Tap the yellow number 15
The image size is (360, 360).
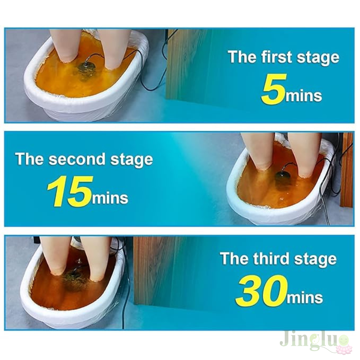click(70, 191)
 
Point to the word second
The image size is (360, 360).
click(77, 159)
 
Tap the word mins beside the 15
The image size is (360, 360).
click(110, 198)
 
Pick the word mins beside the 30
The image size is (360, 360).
click(305, 297)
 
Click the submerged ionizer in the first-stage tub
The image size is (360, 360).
click(86, 69)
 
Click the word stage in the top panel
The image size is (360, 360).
click(318, 58)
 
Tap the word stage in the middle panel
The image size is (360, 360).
click(131, 160)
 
